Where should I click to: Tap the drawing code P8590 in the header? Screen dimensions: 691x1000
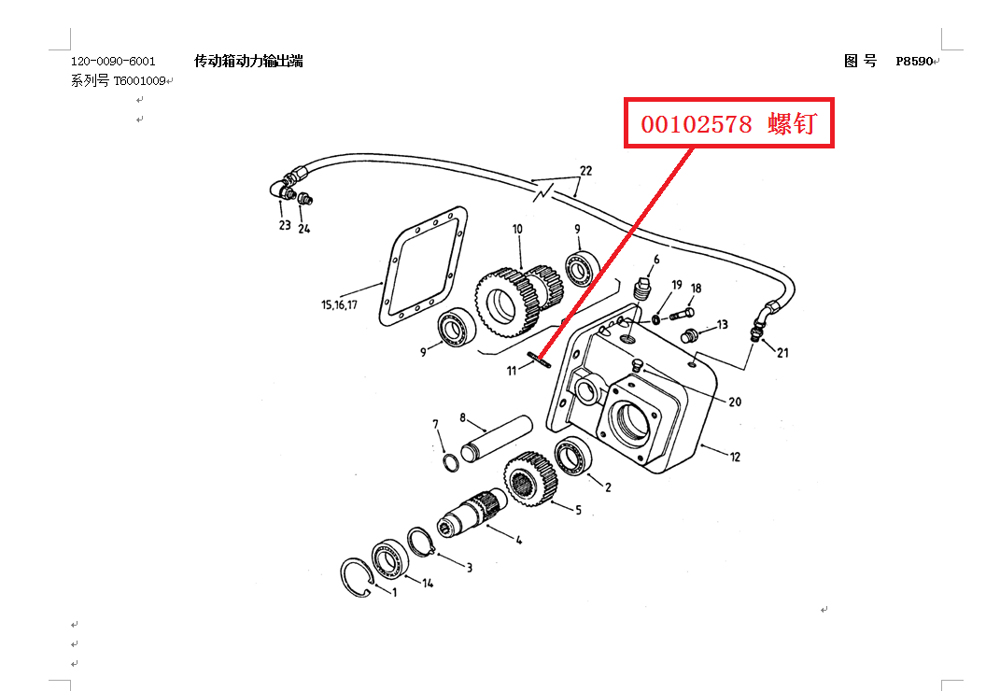click(914, 62)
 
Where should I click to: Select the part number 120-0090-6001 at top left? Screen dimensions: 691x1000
click(113, 62)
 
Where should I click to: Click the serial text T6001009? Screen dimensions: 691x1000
click(140, 81)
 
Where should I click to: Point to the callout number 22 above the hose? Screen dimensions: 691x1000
click(585, 171)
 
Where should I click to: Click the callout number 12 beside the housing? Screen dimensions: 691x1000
click(735, 457)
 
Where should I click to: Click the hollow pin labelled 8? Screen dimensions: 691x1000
click(496, 436)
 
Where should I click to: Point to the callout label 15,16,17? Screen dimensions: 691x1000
click(339, 304)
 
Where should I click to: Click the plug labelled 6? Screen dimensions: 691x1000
click(641, 287)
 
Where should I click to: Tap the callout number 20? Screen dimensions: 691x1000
click(735, 402)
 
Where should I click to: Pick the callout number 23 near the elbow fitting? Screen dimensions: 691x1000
click(285, 225)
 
